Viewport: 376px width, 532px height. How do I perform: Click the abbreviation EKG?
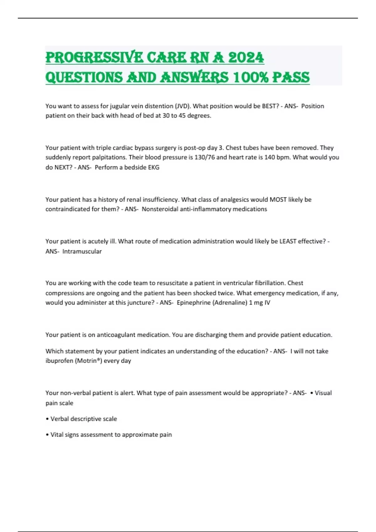154,167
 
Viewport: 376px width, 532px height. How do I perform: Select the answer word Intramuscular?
82,251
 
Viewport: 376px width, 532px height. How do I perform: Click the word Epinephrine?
194,303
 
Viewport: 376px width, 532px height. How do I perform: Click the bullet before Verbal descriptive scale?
47,419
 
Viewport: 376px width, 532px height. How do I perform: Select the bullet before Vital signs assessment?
47,435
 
